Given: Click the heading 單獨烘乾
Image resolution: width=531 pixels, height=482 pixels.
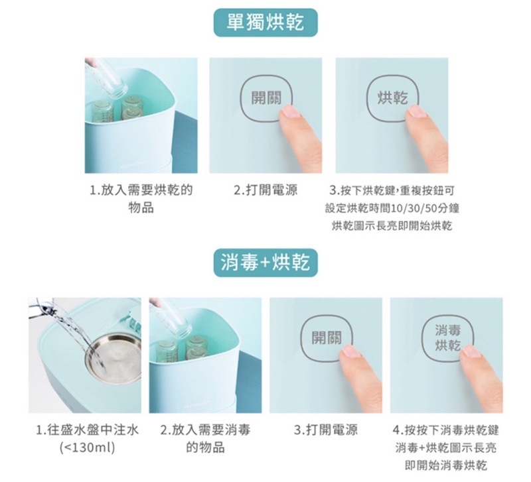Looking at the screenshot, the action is pyautogui.click(x=265, y=23).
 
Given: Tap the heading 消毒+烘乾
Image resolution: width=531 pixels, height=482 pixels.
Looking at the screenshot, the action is pyautogui.click(x=265, y=263).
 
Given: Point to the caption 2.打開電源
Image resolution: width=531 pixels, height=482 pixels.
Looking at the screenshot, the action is pyautogui.click(x=266, y=190).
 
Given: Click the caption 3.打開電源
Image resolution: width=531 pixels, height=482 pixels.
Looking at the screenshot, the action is pyautogui.click(x=326, y=430).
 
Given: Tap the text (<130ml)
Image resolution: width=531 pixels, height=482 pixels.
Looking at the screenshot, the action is pyautogui.click(x=88, y=448).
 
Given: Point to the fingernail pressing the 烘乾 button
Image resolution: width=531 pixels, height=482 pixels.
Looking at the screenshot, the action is pyautogui.click(x=416, y=111).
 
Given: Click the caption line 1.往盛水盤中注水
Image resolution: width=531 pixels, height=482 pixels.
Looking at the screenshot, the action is pyautogui.click(x=88, y=430).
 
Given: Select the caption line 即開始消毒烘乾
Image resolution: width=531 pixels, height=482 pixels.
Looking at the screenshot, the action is pyautogui.click(x=446, y=465).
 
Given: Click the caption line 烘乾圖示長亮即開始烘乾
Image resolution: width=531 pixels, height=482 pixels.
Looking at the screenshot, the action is pyautogui.click(x=392, y=225).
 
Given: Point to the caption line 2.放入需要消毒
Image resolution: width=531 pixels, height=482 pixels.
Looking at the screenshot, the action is pyautogui.click(x=205, y=430).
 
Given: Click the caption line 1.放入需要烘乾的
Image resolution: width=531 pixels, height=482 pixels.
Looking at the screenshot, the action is pyautogui.click(x=141, y=190).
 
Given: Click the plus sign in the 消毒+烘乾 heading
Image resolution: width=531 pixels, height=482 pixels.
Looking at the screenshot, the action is pyautogui.click(x=265, y=263).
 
